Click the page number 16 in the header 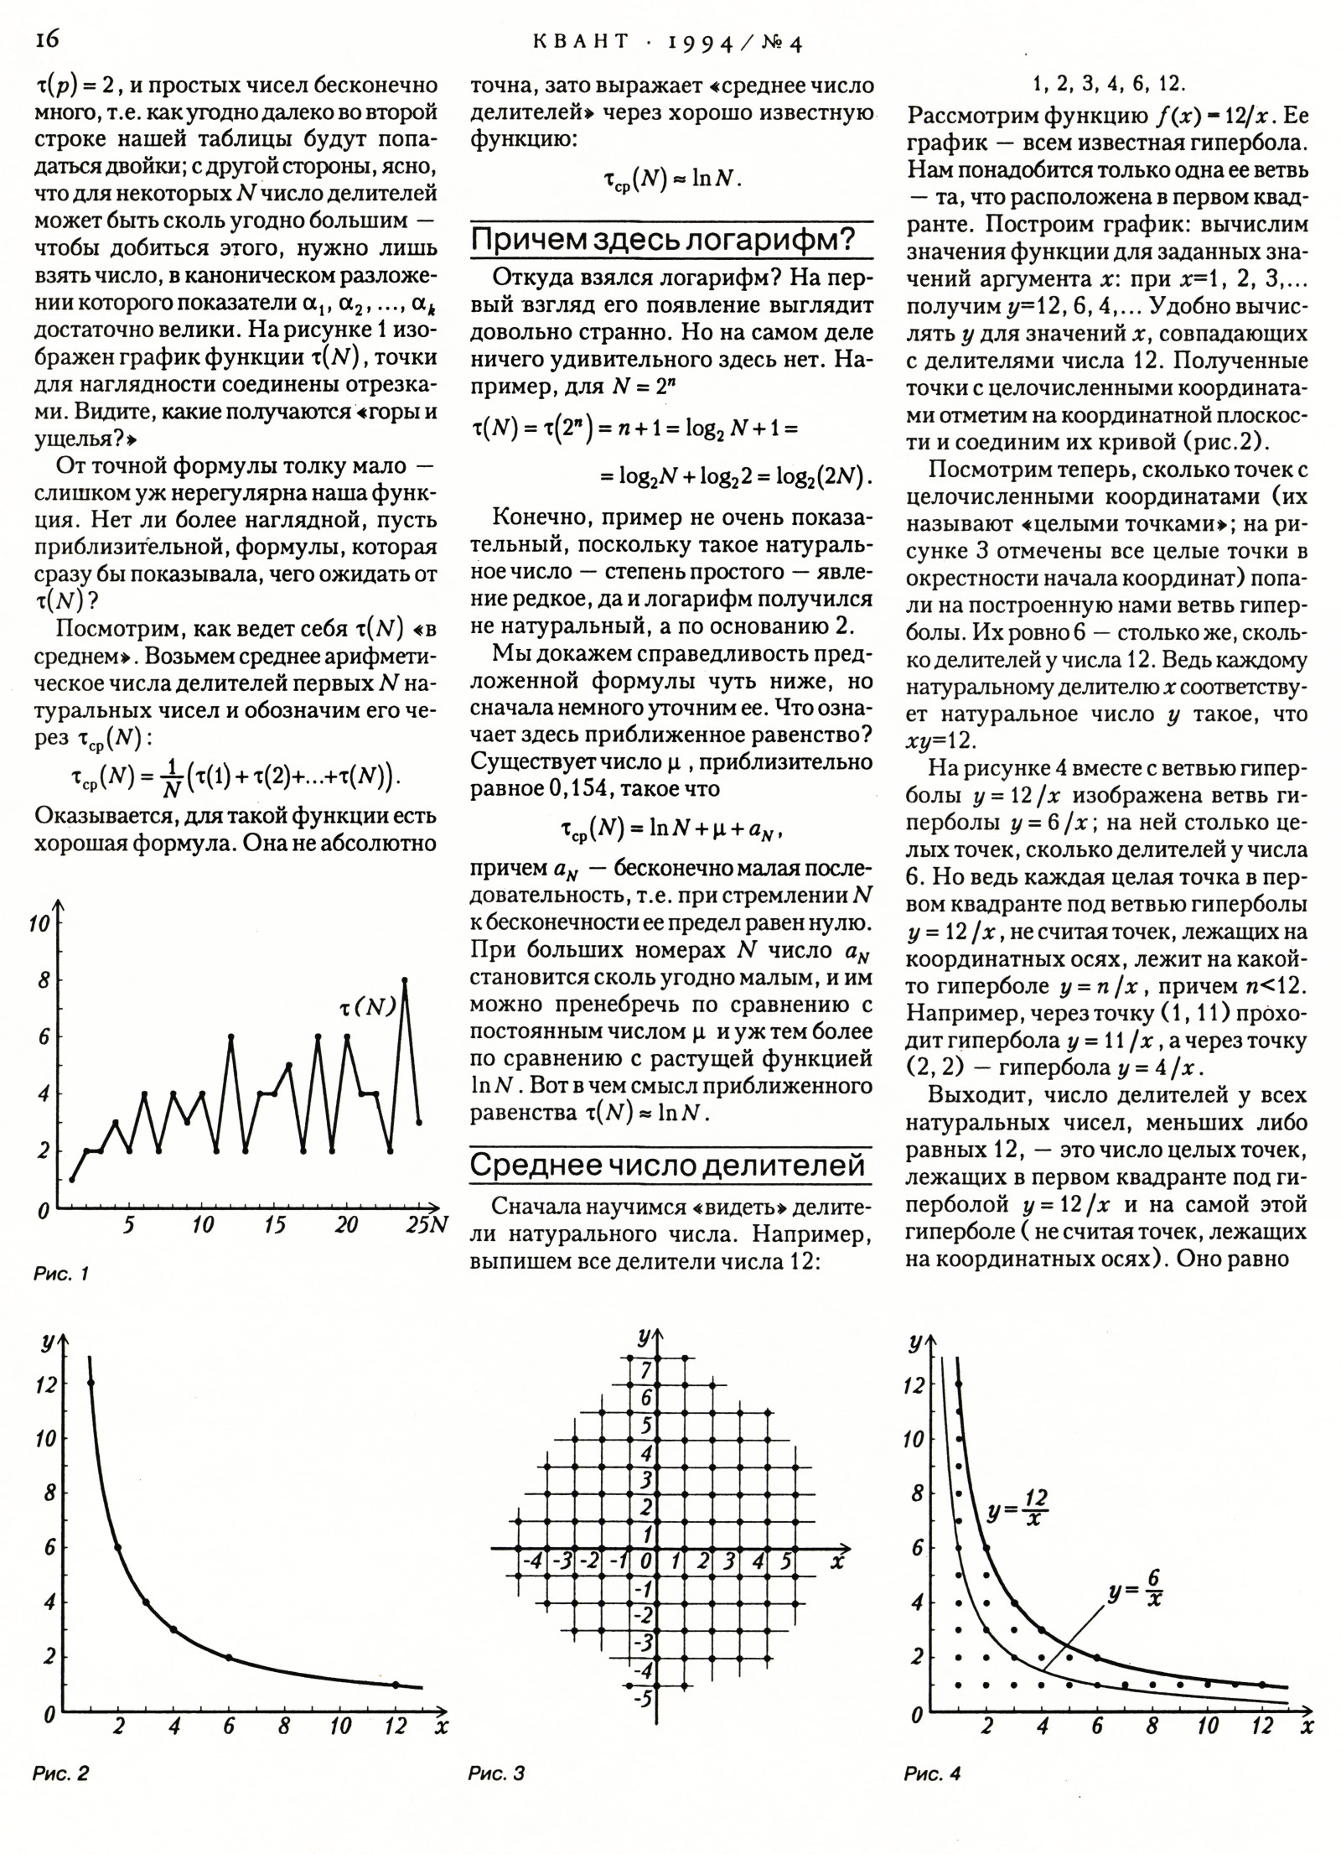coord(46,40)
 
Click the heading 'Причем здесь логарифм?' coord(662,240)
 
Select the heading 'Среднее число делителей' coord(667,1165)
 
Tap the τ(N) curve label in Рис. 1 coord(367,1008)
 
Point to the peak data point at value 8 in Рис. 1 coord(405,979)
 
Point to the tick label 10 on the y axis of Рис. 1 coord(39,924)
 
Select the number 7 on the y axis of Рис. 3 coord(646,1371)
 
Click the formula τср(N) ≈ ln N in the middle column coord(671,179)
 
